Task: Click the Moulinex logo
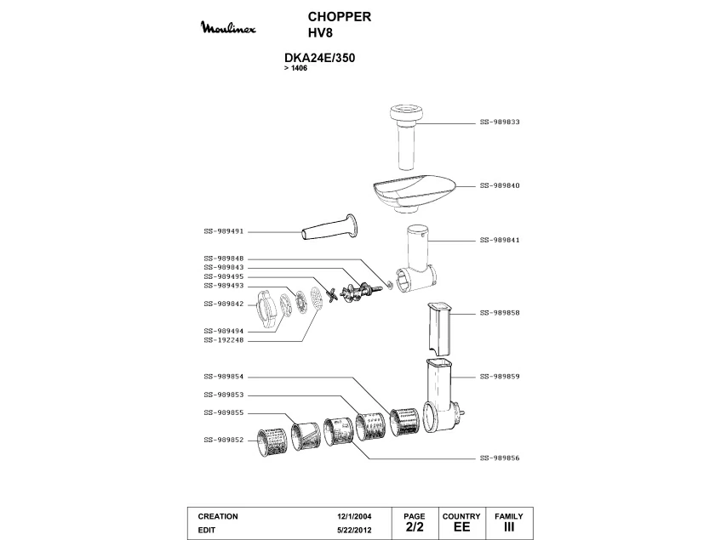[x=232, y=30]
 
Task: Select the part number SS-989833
[x=500, y=122]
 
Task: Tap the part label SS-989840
[x=500, y=185]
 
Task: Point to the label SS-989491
[x=224, y=230]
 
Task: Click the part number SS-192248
[x=224, y=340]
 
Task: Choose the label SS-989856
[x=500, y=458]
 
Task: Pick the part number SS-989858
[x=500, y=312]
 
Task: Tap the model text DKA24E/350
[x=319, y=59]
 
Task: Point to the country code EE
[x=461, y=528]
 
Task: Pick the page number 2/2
[x=414, y=528]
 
